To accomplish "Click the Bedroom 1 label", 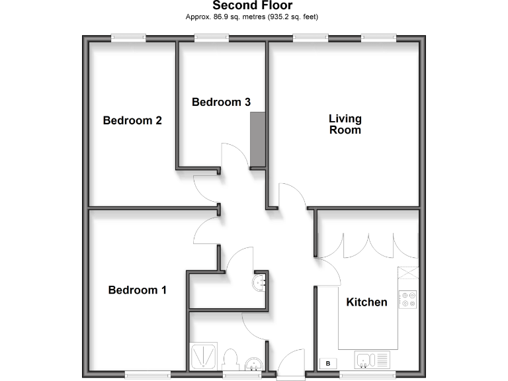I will [138, 290].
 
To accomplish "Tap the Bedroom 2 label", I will [132, 120].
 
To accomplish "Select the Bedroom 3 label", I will [221, 102].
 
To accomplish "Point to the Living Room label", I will [345, 124].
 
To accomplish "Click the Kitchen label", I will [367, 302].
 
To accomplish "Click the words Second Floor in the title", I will [252, 6].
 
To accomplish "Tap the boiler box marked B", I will [327, 363].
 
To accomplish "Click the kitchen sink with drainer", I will [372, 359].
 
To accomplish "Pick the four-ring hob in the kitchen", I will [408, 300].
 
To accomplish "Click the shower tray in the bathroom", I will [200, 357].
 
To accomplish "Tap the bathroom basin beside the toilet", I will [254, 363].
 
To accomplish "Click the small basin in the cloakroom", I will [260, 283].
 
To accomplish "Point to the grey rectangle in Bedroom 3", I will [257, 140].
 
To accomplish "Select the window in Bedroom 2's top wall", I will [128, 38].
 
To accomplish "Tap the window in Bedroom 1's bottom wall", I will [144, 375].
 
